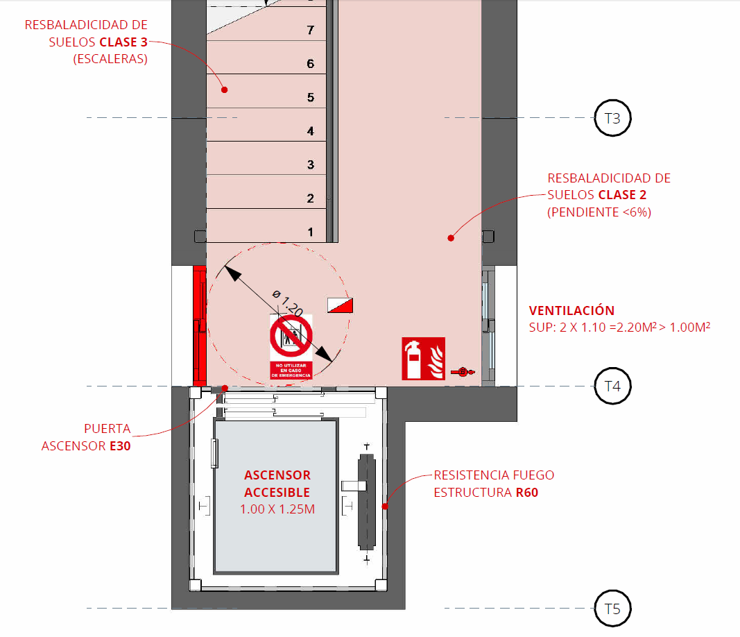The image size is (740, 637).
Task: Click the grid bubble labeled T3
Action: (x=613, y=118)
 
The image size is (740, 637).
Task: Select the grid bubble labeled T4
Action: (x=613, y=386)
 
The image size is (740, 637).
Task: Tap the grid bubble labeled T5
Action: (x=613, y=609)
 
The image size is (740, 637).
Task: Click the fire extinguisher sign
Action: (x=423, y=359)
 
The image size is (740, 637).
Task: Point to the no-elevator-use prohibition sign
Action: (x=291, y=346)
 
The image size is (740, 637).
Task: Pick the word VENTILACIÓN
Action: (x=571, y=311)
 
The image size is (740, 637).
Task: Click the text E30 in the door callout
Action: (x=120, y=446)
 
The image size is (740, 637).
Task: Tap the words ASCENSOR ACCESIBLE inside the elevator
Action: (x=277, y=484)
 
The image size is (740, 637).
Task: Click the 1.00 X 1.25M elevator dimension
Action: (x=277, y=509)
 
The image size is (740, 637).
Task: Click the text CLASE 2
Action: (x=622, y=196)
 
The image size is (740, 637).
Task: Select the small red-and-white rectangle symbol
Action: (x=341, y=305)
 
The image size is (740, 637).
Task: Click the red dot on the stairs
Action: (x=225, y=90)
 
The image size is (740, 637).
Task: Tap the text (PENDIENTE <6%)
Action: (x=599, y=212)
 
